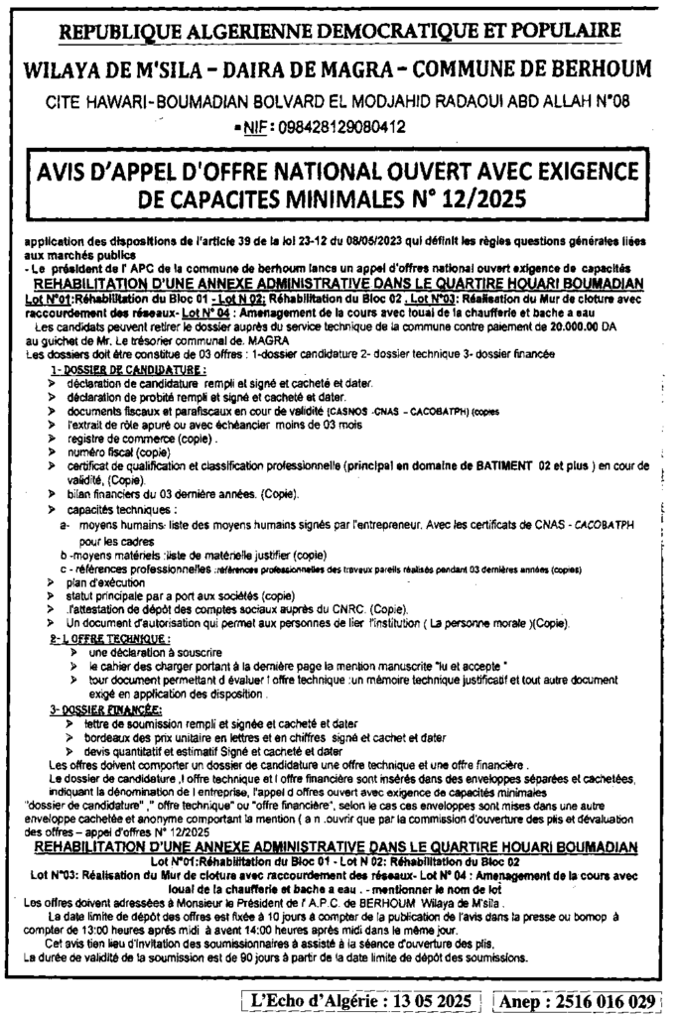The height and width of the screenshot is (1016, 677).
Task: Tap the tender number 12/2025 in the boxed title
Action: pyautogui.click(x=472, y=198)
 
